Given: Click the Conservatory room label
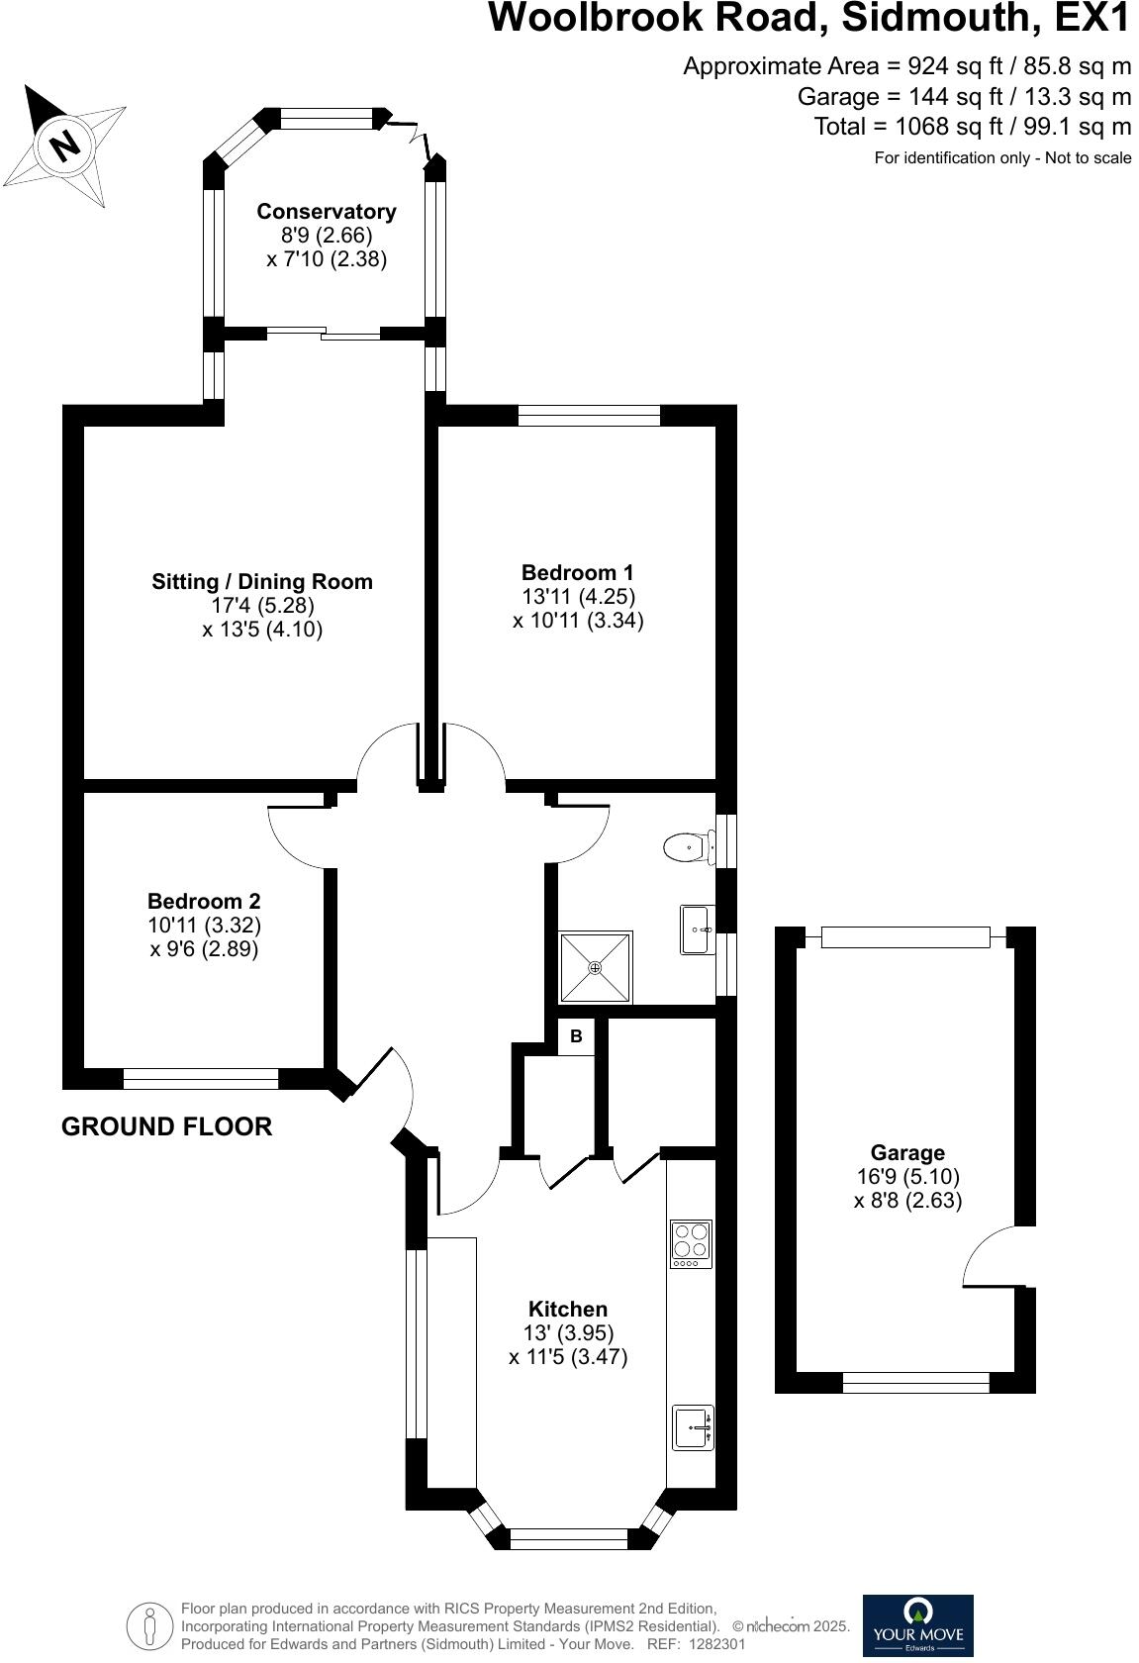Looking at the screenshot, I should tap(326, 211).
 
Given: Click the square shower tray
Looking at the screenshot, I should tap(596, 966).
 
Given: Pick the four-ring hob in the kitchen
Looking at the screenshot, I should tap(691, 1243).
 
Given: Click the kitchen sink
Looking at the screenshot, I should tap(692, 1427).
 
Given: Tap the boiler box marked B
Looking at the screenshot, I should tap(576, 1036).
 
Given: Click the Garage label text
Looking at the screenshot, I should tap(907, 1152).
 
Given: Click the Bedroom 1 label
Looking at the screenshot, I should tap(578, 572).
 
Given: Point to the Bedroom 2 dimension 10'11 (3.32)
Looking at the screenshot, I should tap(204, 926).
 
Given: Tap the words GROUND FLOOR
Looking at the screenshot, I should tap(166, 1126).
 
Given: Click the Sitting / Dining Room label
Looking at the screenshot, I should tap(262, 581).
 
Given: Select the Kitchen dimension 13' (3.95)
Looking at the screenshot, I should tap(568, 1332).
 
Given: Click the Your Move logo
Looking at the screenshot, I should tap(917, 1624).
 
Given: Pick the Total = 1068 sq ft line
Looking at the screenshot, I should tap(972, 127).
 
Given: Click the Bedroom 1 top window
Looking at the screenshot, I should tap(589, 415).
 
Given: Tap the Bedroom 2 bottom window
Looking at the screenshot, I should tap(201, 1078).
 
